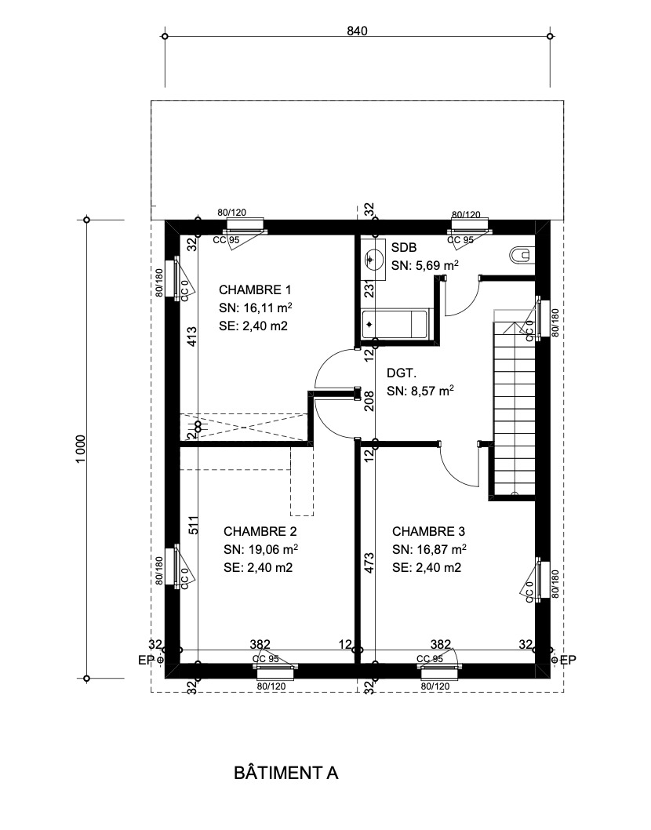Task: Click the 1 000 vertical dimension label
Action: pyautogui.click(x=81, y=448)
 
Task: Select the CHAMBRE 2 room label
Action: pyautogui.click(x=260, y=530)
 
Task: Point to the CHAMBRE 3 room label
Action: pyautogui.click(x=429, y=530)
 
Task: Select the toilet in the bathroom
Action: pyautogui.click(x=521, y=254)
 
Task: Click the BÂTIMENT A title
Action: pyautogui.click(x=285, y=773)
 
